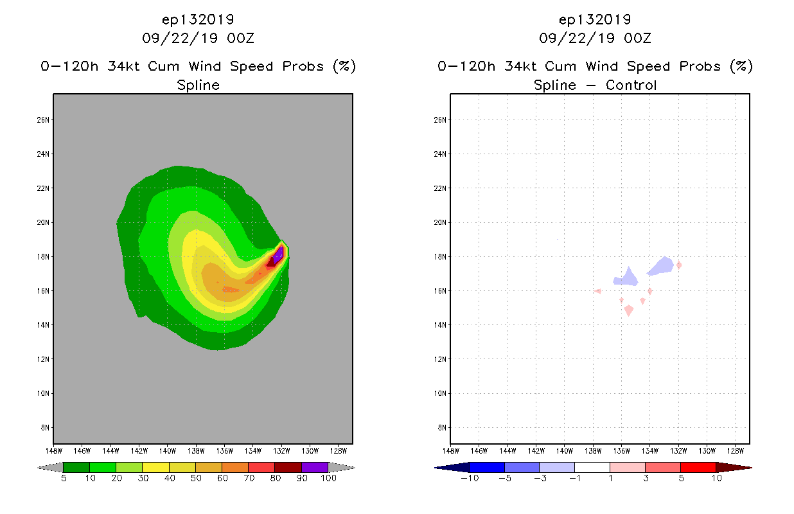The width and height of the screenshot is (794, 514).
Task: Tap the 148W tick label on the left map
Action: [53, 450]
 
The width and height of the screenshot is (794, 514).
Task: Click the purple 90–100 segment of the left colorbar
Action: [315, 467]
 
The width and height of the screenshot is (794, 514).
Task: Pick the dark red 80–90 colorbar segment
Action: [288, 467]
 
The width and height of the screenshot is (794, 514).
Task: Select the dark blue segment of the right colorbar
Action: [487, 467]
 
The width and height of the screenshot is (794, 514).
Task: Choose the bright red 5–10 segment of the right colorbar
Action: [697, 467]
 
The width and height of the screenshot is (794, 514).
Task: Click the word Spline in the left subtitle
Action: [198, 85]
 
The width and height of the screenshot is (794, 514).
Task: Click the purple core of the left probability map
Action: [278, 256]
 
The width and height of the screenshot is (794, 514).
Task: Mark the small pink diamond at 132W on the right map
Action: [678, 265]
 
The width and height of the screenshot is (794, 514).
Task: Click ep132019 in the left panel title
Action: [198, 20]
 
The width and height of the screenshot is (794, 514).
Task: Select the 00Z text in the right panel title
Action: [637, 38]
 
